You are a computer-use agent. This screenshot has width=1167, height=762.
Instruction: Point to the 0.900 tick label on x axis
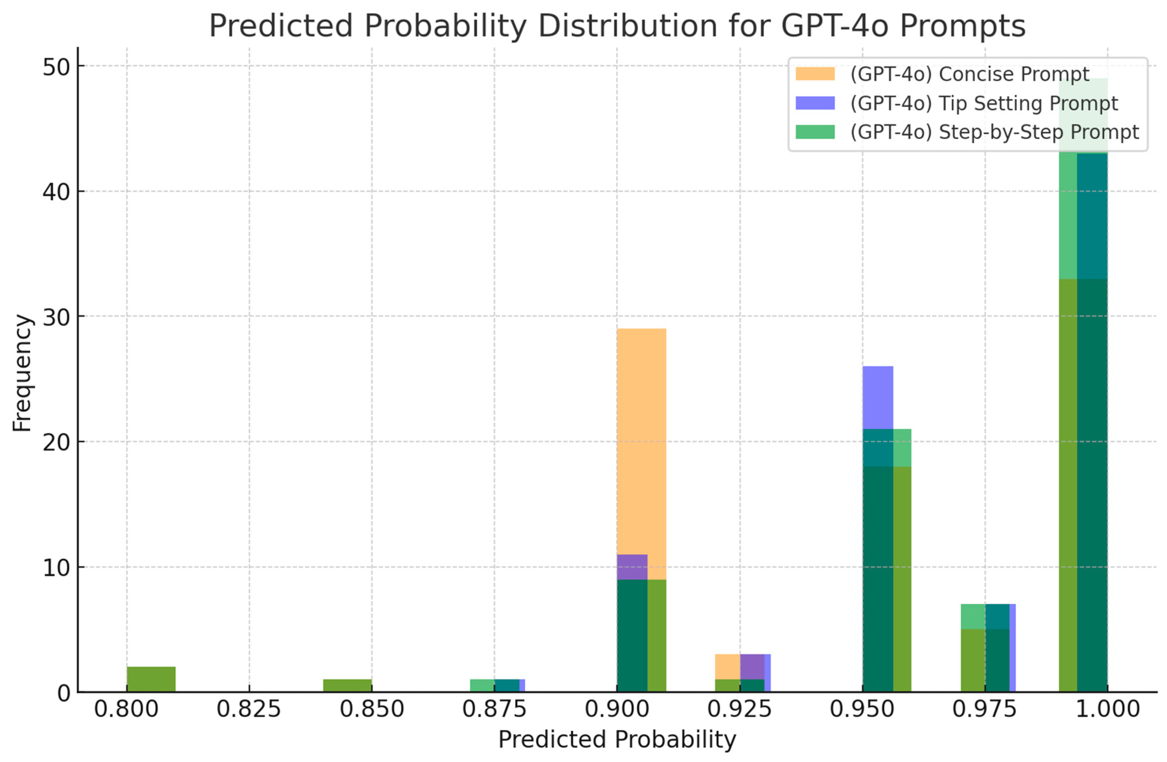coord(617,709)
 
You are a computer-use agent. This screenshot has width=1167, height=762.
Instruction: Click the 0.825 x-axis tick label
coord(249,709)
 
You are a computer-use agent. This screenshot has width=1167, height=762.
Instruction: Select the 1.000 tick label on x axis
coord(1107,709)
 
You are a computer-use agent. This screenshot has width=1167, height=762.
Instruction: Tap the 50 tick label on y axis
coord(56,67)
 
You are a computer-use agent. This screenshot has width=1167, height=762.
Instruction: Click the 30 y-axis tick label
coord(56,317)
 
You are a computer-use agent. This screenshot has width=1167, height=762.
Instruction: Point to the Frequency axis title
coord(22,373)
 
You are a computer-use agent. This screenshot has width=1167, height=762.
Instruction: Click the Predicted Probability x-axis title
coord(617,739)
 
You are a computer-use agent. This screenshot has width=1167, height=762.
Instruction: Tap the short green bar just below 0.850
coord(347,686)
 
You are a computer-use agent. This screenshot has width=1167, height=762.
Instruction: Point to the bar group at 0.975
coord(987,648)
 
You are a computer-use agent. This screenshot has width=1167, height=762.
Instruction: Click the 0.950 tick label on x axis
coord(862,709)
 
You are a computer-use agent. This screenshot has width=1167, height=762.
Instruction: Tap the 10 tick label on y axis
coord(56,568)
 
